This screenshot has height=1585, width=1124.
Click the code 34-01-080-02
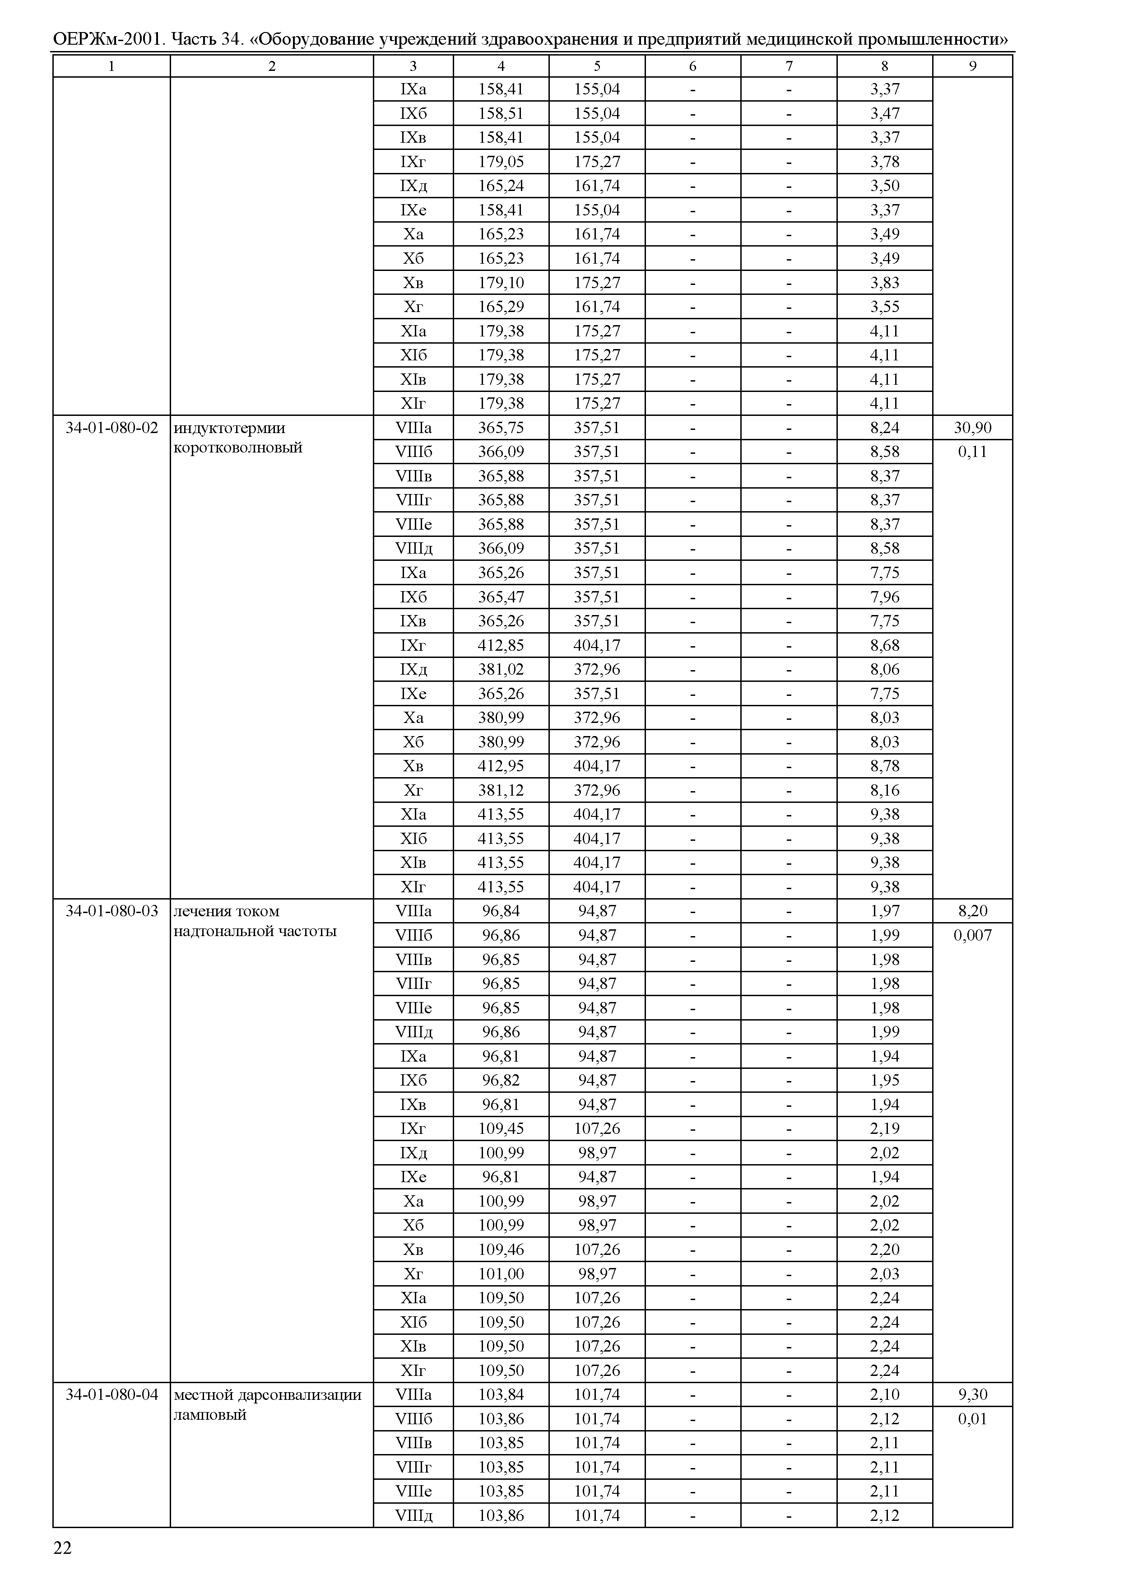(x=111, y=428)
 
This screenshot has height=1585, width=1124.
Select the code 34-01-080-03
(x=111, y=911)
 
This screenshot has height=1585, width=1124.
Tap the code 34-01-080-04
(x=111, y=1394)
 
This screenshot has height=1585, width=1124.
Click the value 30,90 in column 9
(x=972, y=428)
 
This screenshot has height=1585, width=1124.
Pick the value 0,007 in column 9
(x=972, y=936)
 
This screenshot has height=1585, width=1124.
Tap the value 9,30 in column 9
(x=972, y=1394)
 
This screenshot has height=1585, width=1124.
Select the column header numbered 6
(x=693, y=66)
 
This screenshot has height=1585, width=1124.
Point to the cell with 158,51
(x=501, y=113)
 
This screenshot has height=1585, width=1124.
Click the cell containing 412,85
(x=501, y=645)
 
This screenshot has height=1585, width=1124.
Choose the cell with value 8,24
(x=884, y=428)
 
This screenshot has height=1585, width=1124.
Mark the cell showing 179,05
(x=501, y=162)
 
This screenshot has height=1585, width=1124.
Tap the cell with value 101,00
(x=501, y=1273)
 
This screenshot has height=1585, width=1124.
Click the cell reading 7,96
(x=884, y=597)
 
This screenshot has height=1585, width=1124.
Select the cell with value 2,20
(x=884, y=1249)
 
